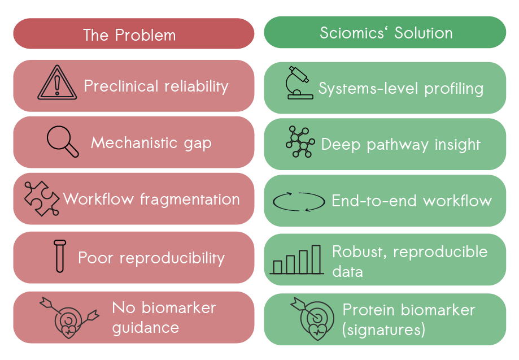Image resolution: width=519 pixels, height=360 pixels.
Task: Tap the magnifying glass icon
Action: tap(63, 141)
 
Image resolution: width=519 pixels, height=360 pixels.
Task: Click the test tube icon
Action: tap(59, 257)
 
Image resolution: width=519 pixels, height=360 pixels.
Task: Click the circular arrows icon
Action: tap(299, 201)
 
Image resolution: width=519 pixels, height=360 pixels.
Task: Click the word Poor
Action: tap(96, 258)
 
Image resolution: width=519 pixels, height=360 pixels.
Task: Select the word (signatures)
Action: tap(383, 329)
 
